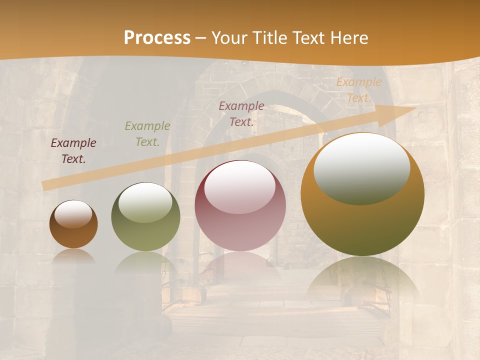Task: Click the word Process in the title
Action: (157, 38)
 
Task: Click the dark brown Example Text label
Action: (73, 151)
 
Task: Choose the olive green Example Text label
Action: (147, 134)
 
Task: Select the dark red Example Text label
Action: (241, 113)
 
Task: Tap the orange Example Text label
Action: (358, 90)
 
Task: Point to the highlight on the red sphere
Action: (240, 187)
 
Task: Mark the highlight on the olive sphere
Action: (145, 202)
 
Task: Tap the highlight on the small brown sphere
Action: (73, 214)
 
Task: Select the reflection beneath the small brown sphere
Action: (73, 256)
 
